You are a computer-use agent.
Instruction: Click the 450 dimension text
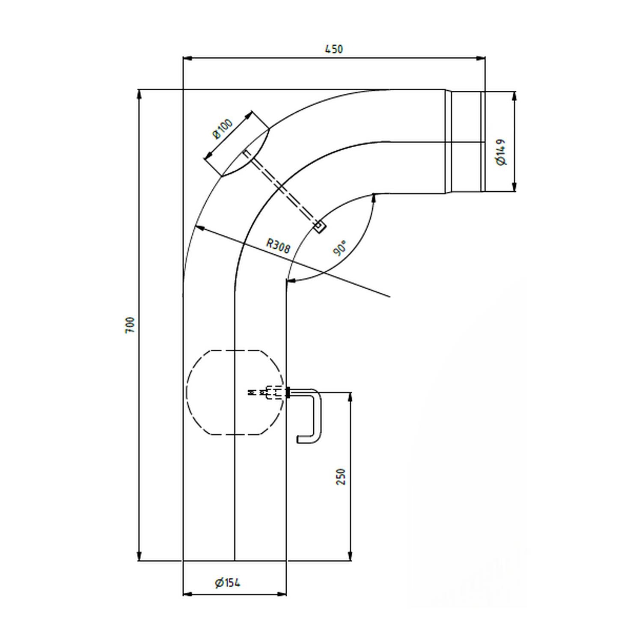(x=334, y=49)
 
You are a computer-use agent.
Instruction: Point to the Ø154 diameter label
(x=228, y=583)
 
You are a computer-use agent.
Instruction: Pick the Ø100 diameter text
(x=223, y=129)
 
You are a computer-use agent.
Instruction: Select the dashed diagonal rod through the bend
(x=282, y=190)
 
